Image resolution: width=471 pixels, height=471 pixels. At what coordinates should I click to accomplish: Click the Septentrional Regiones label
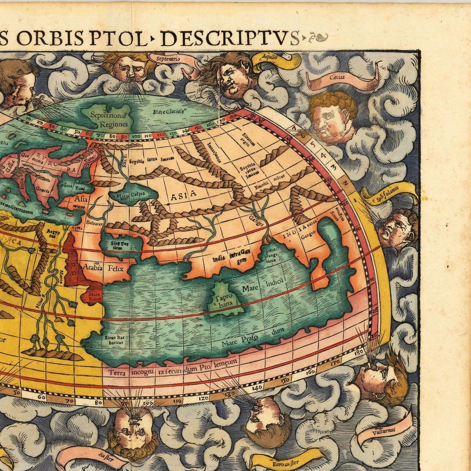pos(109,119)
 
